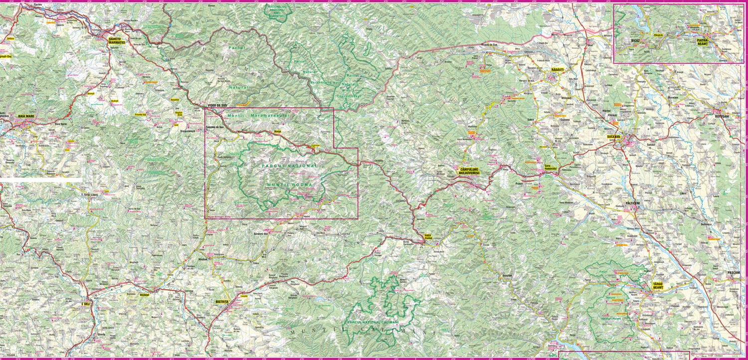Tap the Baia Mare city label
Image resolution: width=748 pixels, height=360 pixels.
(x=26, y=116)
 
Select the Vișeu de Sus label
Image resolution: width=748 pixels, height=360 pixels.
(x=217, y=106)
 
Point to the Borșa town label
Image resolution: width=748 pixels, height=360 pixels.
(x=278, y=132)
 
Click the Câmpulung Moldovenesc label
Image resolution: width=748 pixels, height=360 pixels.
(x=468, y=172)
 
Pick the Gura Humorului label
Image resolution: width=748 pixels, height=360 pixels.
(x=550, y=167)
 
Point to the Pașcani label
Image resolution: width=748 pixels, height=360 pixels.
(x=734, y=273)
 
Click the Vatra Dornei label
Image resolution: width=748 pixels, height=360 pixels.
(x=428, y=236)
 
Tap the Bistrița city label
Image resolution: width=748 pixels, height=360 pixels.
(x=222, y=302)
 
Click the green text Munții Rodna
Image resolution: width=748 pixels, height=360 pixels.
(x=289, y=185)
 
